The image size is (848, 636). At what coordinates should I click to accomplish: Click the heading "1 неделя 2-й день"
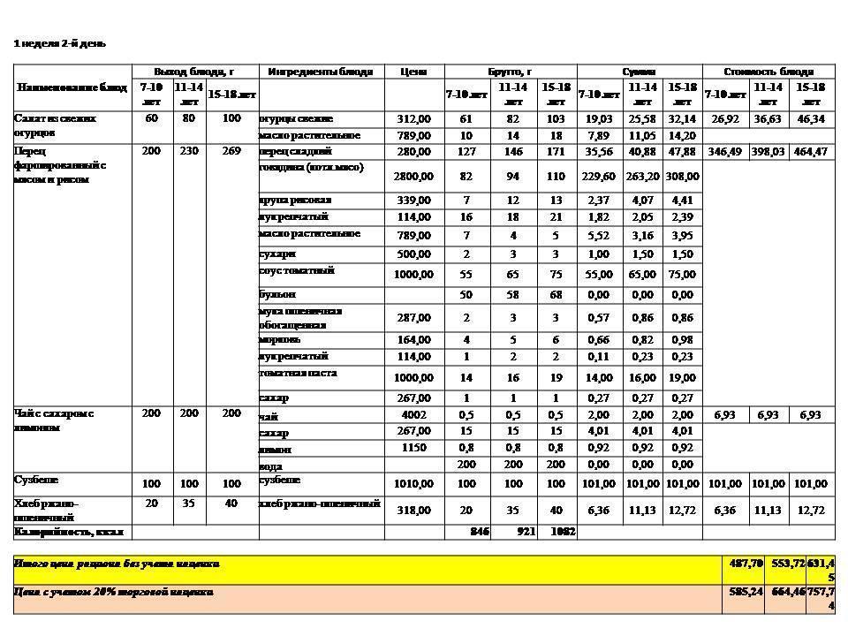coord(60,43)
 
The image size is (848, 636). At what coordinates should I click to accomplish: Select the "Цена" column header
coord(413,72)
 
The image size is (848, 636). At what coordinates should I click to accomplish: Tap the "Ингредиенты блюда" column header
coord(320,72)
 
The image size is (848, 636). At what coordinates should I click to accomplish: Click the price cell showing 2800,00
coord(413,177)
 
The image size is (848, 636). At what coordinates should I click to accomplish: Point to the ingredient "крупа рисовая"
coord(295,200)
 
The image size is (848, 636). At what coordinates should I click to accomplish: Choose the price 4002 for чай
coord(413,415)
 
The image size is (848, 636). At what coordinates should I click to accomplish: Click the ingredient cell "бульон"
coord(277,294)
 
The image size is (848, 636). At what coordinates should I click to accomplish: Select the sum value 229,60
coord(600,177)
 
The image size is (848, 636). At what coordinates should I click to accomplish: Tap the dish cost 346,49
coord(724,152)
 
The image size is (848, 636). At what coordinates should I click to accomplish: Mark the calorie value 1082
coord(563,532)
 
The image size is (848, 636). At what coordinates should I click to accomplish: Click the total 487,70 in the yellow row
coord(739,563)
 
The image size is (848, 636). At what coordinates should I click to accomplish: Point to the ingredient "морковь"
coord(280,339)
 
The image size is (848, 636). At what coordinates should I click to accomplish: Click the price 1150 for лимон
coord(413,449)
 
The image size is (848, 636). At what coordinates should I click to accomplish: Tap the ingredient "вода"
coord(270,465)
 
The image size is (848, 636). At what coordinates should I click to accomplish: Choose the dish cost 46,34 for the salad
coord(811,118)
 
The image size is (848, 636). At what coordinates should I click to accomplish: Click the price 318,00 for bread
coord(413,511)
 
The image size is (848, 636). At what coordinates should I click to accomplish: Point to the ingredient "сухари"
coord(277,254)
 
